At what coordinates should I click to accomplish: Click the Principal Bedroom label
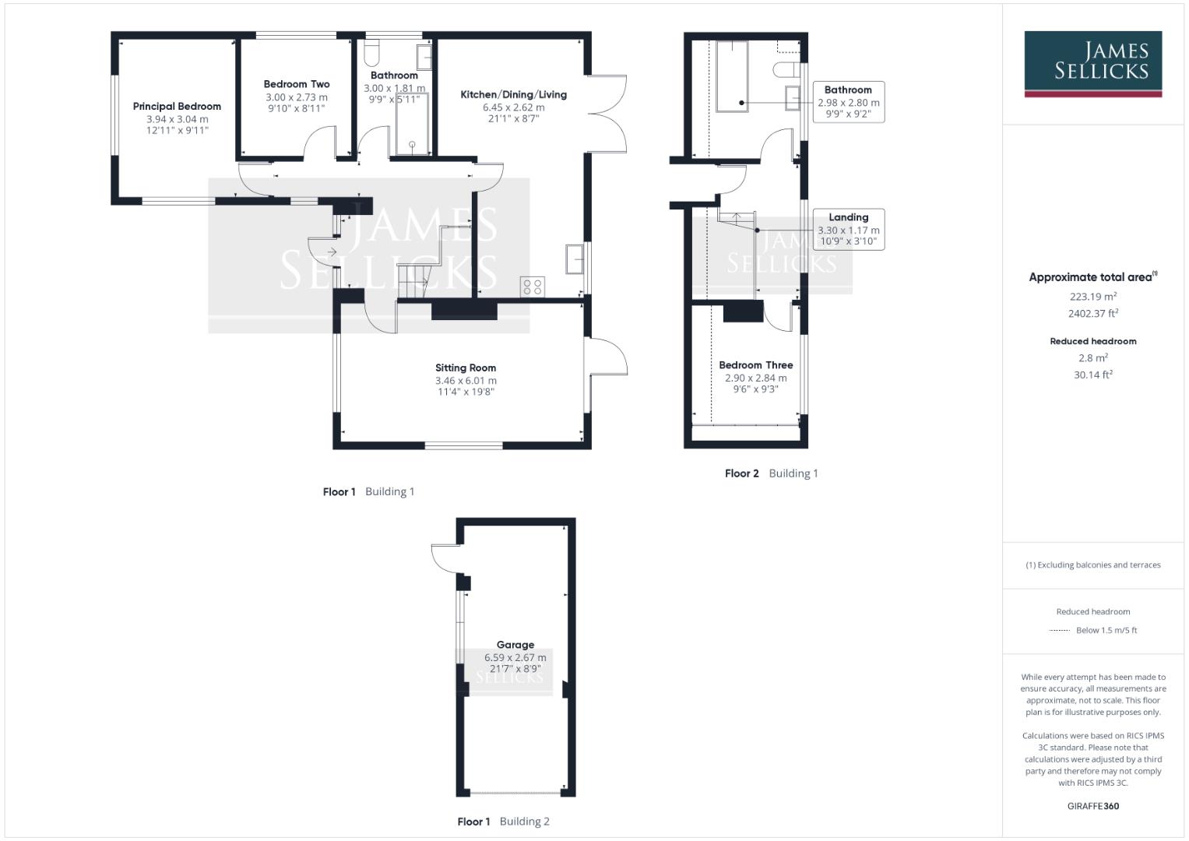177,107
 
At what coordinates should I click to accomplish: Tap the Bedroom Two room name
297,84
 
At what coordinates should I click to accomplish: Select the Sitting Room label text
466,368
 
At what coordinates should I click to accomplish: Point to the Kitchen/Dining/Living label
514,95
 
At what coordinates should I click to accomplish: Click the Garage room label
515,645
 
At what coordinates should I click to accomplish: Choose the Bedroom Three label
755,365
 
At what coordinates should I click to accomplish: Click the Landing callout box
848,229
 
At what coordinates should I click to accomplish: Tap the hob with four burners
533,286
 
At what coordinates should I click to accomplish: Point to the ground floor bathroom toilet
372,53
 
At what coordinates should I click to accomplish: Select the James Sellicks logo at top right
1092,64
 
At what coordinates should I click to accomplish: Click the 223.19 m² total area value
1092,297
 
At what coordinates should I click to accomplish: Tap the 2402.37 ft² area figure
1092,314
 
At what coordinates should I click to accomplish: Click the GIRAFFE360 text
1092,806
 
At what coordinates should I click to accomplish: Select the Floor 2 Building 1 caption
771,473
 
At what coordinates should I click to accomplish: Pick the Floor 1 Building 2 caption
503,822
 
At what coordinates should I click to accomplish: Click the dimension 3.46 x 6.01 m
466,381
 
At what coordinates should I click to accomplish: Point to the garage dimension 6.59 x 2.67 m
515,658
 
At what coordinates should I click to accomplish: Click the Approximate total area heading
1092,277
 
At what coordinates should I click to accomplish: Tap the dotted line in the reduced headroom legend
1060,631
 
